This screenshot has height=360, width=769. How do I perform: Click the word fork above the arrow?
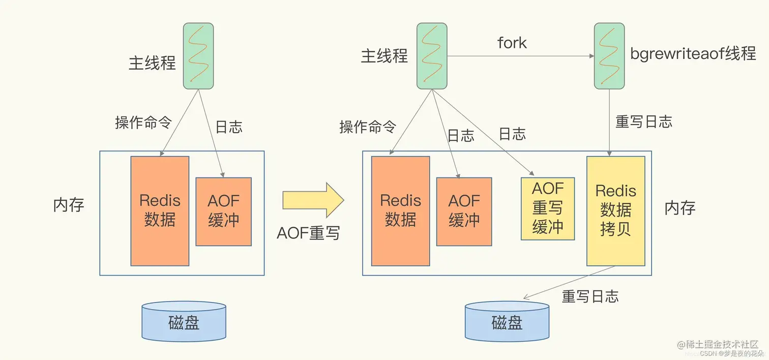512,43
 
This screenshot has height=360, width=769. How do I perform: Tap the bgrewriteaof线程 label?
693,53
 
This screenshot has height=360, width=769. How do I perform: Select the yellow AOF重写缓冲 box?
548,208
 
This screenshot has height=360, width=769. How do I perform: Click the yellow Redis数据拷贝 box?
615,211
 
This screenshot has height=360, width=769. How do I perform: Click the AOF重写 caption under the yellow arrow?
308,233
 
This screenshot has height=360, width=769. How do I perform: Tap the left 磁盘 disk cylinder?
184,321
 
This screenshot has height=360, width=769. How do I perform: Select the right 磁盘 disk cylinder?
507,321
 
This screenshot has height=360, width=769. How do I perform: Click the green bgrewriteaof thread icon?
609,56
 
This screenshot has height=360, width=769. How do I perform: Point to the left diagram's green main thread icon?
198,56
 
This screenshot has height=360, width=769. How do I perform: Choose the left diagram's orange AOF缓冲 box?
223,212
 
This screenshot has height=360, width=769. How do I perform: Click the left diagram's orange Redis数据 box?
160,211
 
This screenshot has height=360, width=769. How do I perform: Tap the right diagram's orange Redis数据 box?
400,211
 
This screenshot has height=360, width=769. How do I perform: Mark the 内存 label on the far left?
69,205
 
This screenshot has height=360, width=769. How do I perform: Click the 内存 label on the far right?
679,208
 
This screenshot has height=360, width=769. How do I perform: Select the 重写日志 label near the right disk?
590,296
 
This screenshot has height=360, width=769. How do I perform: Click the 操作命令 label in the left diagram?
143,122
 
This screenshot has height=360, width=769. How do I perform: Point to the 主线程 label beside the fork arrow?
384,56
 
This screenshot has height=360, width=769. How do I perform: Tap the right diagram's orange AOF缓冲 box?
464,212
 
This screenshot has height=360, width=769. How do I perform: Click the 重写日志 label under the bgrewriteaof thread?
644,122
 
